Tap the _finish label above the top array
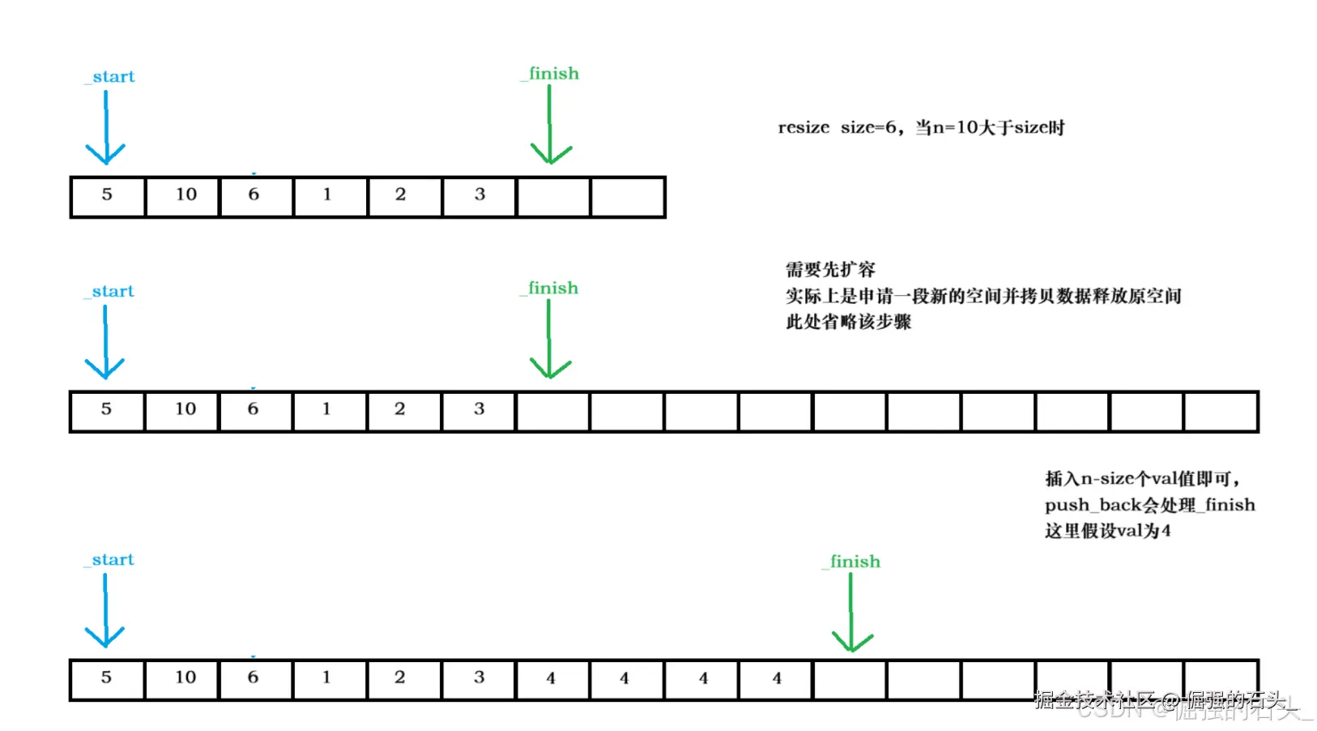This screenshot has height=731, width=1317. coord(551,74)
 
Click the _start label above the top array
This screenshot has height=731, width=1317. coord(111,77)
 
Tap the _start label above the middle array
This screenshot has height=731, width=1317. coord(110,292)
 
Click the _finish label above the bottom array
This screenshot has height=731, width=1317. coord(852,562)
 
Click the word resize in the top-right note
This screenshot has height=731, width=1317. coord(803,128)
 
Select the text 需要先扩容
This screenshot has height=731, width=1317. coord(830,270)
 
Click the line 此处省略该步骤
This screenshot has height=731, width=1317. coord(848,322)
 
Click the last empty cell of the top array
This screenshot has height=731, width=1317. coord(628,197)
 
